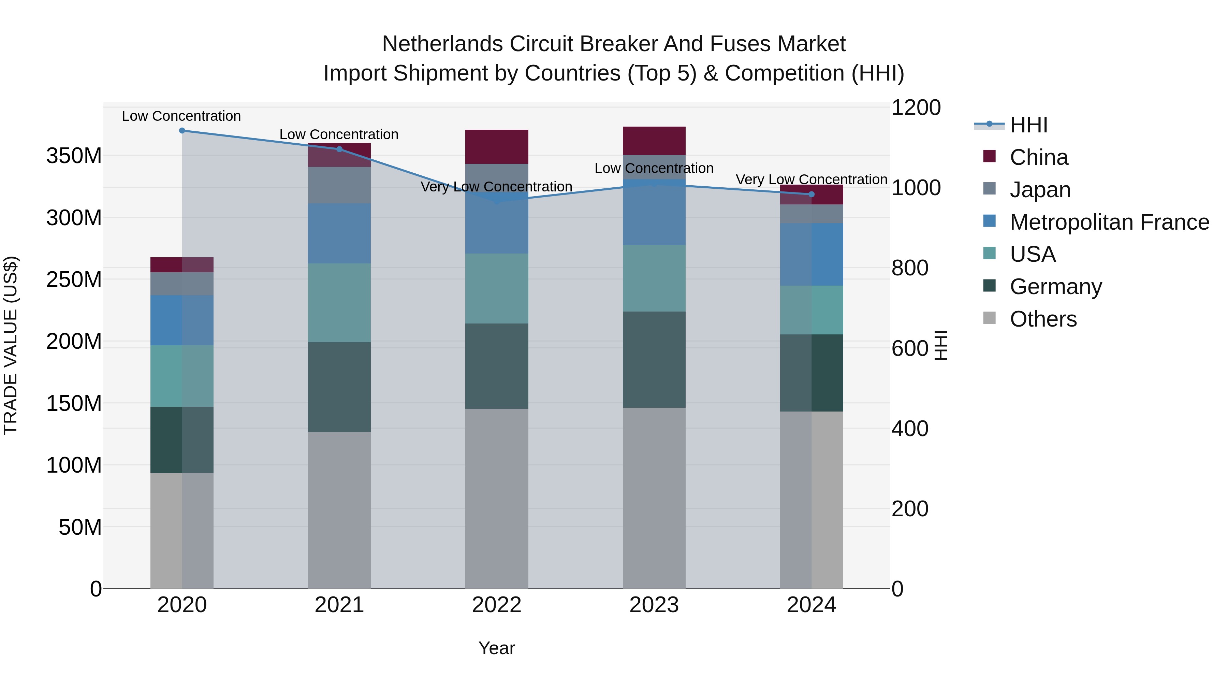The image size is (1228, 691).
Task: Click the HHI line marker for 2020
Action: [x=181, y=131]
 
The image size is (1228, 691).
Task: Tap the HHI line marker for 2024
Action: [x=812, y=195]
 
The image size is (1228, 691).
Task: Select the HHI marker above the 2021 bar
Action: [x=339, y=149]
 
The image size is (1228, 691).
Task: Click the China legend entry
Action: [x=1038, y=157]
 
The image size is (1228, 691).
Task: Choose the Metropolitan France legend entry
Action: [x=1109, y=222]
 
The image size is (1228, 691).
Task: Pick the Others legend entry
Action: [x=1042, y=319]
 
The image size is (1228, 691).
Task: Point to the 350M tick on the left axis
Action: [x=74, y=156]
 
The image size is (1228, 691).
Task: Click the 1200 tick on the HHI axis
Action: [x=916, y=108]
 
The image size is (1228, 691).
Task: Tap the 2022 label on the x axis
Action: [x=496, y=605]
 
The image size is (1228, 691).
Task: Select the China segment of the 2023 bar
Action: [x=654, y=141]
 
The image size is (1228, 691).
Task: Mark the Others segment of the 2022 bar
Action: [x=496, y=498]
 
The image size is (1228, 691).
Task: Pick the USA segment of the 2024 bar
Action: [x=812, y=310]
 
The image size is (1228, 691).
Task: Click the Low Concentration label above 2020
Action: [x=181, y=116]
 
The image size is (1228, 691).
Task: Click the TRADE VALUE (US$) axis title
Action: [x=11, y=345]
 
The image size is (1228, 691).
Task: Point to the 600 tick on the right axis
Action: [x=909, y=349]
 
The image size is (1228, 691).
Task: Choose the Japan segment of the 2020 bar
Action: [x=181, y=284]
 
